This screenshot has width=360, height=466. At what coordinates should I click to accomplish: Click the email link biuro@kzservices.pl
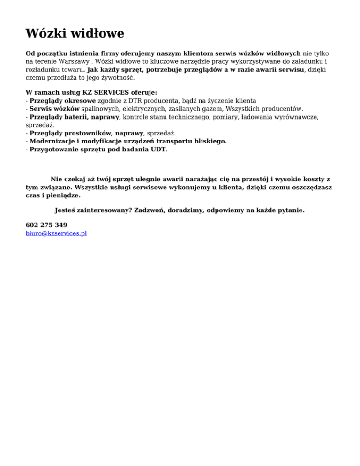(56, 233)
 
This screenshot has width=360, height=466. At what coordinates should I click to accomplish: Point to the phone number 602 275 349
(46, 225)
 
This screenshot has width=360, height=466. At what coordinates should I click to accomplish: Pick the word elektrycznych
(137, 109)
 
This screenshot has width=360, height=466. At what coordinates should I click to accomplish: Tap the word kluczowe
(144, 61)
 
